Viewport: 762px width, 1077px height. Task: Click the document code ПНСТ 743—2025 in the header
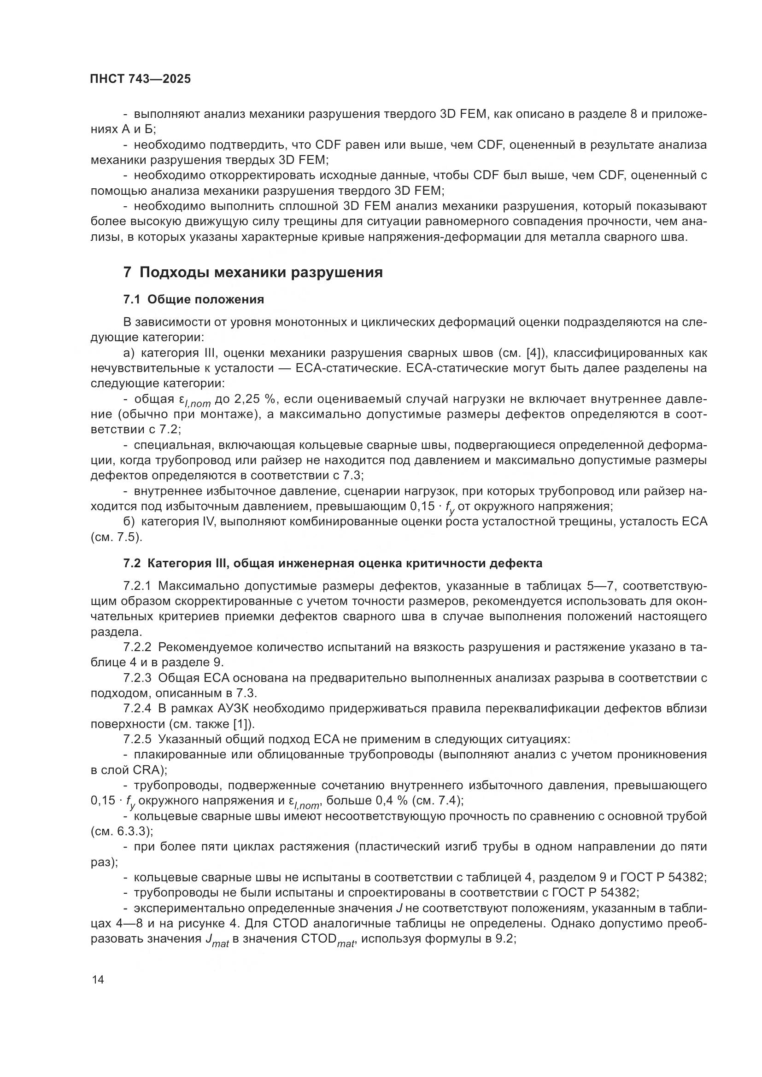(x=141, y=79)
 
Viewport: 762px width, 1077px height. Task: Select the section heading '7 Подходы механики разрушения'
(x=253, y=272)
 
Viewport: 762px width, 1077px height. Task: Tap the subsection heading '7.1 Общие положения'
(x=194, y=299)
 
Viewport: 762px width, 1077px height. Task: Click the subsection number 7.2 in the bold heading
(x=133, y=563)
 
